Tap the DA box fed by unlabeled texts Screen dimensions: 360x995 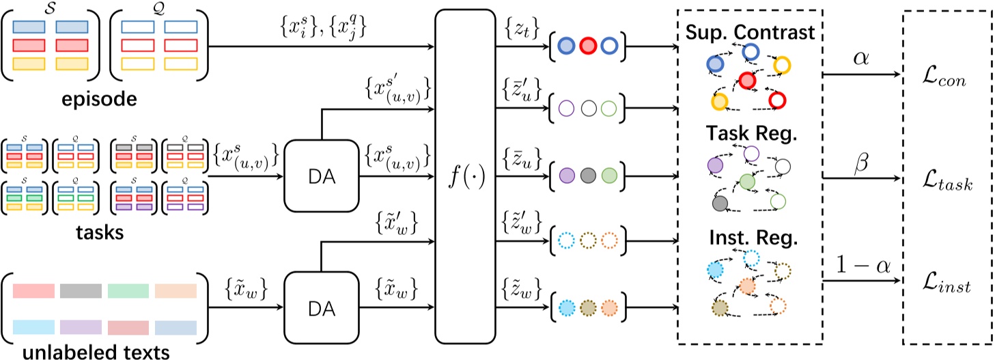pyautogui.click(x=321, y=309)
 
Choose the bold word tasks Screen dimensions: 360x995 pyautogui.click(x=100, y=234)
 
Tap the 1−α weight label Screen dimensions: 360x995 pyautogui.click(x=860, y=264)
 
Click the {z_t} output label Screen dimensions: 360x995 pyautogui.click(x=522, y=29)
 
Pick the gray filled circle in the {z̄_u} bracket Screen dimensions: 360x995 pyautogui.click(x=587, y=174)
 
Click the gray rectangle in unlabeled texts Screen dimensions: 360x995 pyautogui.click(x=81, y=291)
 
